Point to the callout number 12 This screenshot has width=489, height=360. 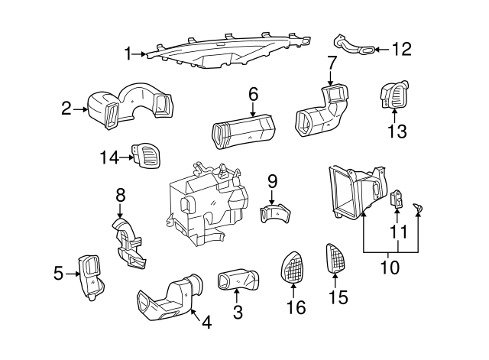401,50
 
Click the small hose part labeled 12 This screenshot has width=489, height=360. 353,46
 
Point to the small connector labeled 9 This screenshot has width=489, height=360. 275,212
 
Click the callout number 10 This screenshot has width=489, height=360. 390,268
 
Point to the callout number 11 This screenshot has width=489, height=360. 398,230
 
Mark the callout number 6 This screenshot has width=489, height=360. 253,95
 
